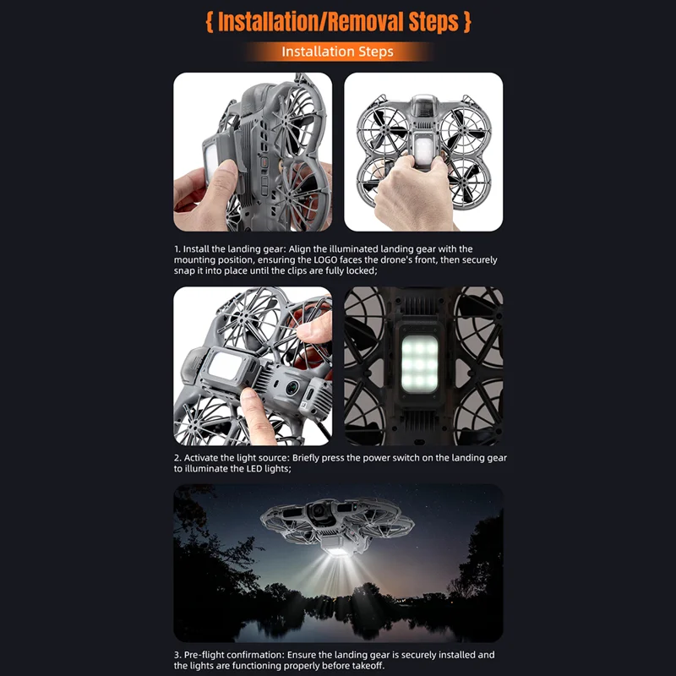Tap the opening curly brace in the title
pyautogui.click(x=210, y=22)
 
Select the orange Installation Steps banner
pyautogui.click(x=337, y=52)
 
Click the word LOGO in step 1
pyautogui.click(x=325, y=260)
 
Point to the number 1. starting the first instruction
pyautogui.click(x=177, y=249)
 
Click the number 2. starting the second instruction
pyautogui.click(x=177, y=458)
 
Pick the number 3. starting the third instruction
pyautogui.click(x=177, y=655)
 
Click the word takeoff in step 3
pyautogui.click(x=368, y=666)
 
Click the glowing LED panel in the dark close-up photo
pyautogui.click(x=419, y=363)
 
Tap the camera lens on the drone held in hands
pyautogui.click(x=292, y=387)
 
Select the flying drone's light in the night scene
pyautogui.click(x=339, y=551)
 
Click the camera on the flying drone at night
pyautogui.click(x=319, y=512)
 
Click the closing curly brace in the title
pyautogui.click(x=467, y=22)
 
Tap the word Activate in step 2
pyautogui.click(x=201, y=458)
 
